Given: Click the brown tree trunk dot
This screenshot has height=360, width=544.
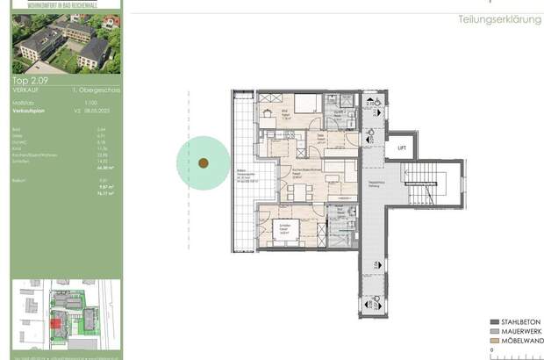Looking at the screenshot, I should coord(204,162).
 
